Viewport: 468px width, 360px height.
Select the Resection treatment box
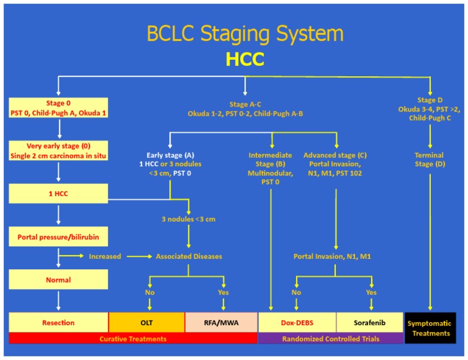pos(58,322)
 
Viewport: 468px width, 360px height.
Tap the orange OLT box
pos(146,322)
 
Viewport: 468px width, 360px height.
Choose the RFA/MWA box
pos(221,322)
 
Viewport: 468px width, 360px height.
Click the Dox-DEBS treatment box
pos(297,322)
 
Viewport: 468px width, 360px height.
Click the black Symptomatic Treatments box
pos(430,328)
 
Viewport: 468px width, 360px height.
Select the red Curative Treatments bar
pos(133,338)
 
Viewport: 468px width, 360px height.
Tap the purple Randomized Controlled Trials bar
pos(331,338)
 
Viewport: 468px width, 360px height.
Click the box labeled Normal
pos(58,280)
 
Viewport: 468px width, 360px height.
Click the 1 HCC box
pos(58,194)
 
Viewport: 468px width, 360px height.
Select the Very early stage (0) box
pos(58,150)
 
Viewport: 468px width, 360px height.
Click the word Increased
pos(105,256)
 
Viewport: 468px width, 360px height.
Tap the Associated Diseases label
pos(189,256)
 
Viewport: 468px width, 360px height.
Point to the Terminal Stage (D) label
pos(430,160)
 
